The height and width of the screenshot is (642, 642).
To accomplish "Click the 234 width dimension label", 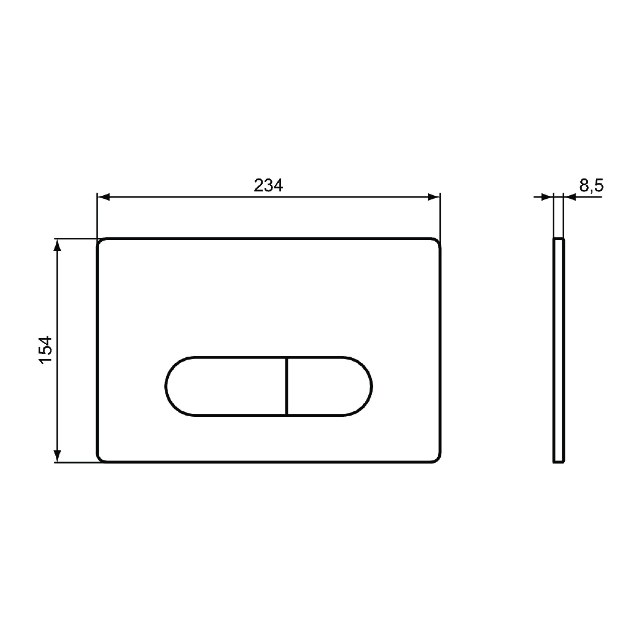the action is (x=268, y=185).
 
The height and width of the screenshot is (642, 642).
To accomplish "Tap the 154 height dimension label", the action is (x=45, y=351).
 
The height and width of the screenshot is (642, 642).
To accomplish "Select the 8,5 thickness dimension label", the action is (x=591, y=185).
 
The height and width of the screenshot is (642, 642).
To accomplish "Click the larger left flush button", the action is (x=226, y=386).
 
